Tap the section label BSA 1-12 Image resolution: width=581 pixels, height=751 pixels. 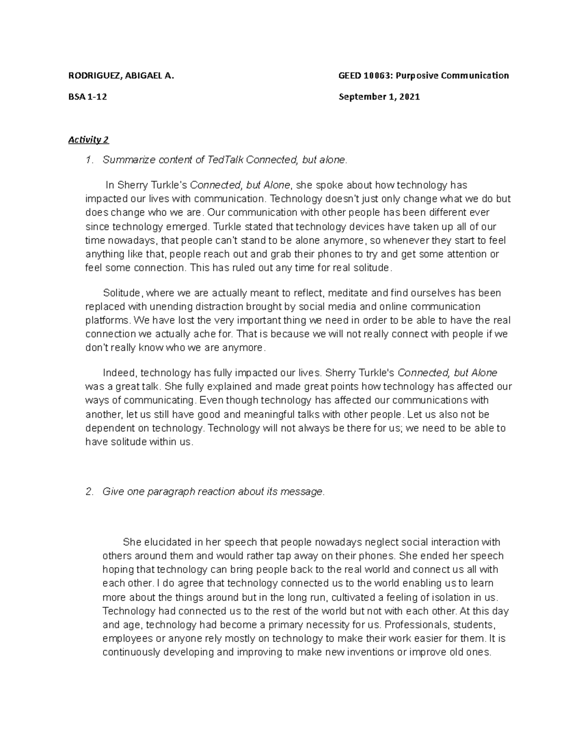coord(88,97)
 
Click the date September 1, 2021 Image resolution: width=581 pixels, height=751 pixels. coord(379,97)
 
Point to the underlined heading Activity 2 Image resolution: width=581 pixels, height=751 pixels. coord(89,140)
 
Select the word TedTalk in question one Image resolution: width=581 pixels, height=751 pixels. coord(226,160)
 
